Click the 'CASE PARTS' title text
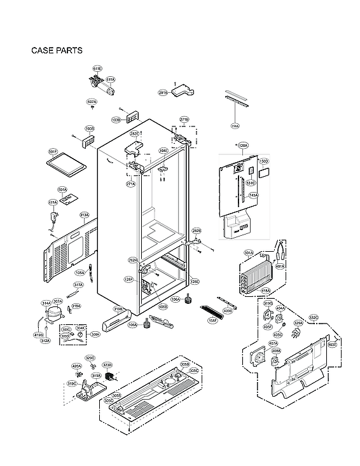tap(56, 50)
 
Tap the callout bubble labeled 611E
tap(97, 68)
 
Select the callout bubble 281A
tap(163, 93)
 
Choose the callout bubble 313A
tap(84, 215)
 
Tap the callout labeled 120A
tap(243, 146)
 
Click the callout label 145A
tap(253, 195)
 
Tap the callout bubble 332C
tap(314, 317)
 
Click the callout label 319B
tap(118, 309)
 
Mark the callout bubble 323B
tap(107, 365)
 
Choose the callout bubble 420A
tap(76, 366)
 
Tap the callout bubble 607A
tap(92, 102)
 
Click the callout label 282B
tap(197, 231)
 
